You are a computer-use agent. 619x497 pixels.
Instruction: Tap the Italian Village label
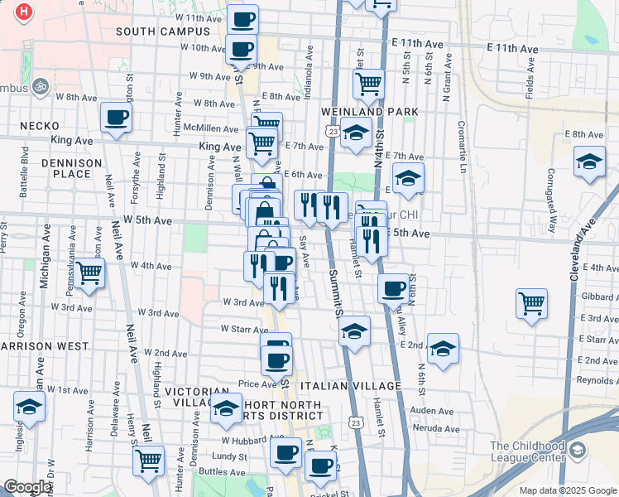coord(351,386)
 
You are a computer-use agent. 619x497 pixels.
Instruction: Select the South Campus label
coord(163,31)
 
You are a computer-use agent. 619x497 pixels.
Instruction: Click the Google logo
coord(27,487)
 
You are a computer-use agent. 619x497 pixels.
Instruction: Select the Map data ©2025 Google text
coord(568,490)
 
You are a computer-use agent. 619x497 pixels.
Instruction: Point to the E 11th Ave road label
coord(511,50)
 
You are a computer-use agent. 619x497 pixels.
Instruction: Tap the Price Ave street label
coord(256,384)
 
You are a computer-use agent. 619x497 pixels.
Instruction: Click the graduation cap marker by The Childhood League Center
coord(578,451)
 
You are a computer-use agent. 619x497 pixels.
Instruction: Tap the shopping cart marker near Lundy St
coord(148,461)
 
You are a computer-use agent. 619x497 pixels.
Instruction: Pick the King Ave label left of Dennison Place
coord(69,141)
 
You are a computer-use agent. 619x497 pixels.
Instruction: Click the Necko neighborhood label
coord(40,126)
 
